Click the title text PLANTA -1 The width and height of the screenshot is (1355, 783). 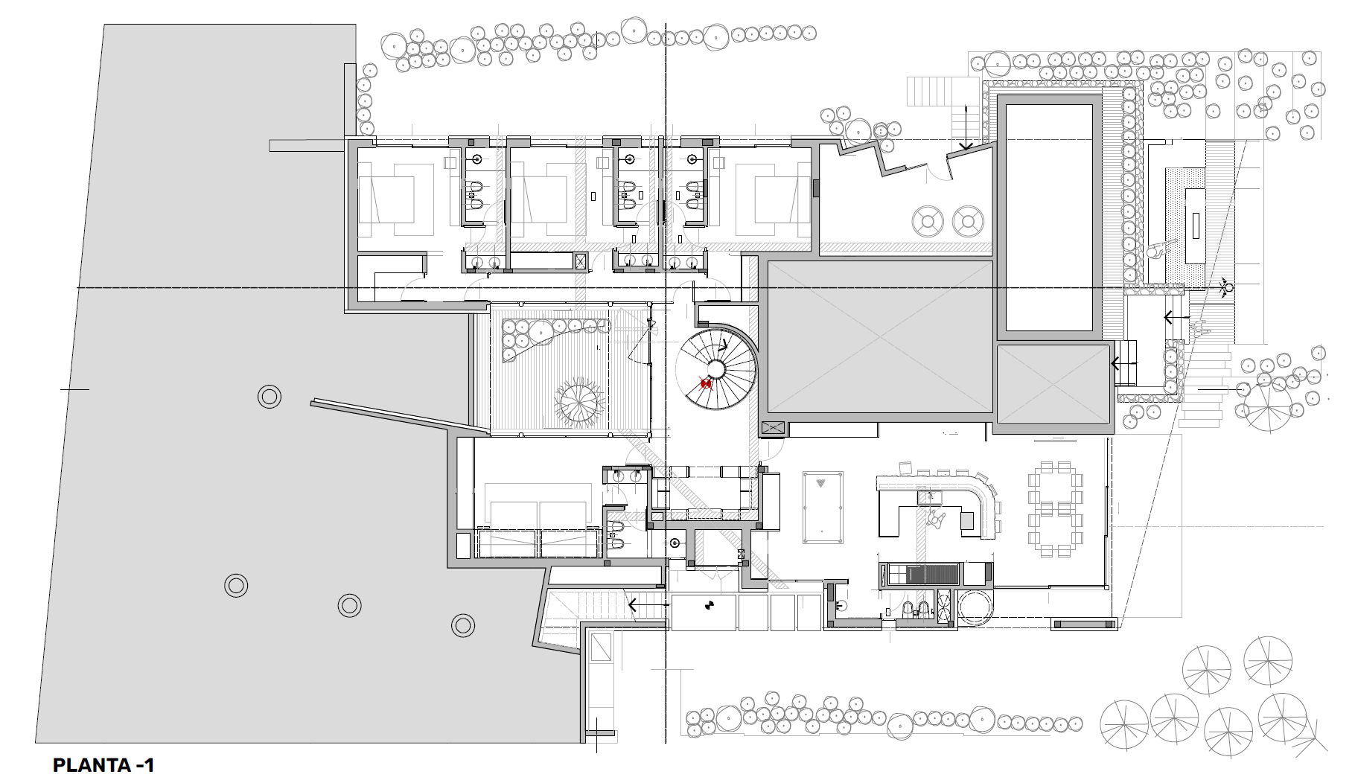pyautogui.click(x=104, y=764)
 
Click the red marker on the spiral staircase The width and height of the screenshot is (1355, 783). pyautogui.click(x=706, y=383)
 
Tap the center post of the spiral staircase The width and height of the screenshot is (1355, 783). pyautogui.click(x=716, y=368)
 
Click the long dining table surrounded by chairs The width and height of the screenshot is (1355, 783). pyautogui.click(x=1055, y=510)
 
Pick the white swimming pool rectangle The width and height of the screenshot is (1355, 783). pyautogui.click(x=1050, y=217)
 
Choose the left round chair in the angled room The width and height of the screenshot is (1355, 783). pyautogui.click(x=928, y=221)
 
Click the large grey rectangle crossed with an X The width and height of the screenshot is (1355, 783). pyautogui.click(x=880, y=336)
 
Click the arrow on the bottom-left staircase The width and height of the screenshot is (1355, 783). pyautogui.click(x=648, y=605)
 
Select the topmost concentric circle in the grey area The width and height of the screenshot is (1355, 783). pyautogui.click(x=269, y=397)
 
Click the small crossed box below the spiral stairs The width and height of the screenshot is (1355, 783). pyautogui.click(x=773, y=428)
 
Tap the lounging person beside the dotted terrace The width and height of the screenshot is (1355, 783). pyautogui.click(x=1157, y=251)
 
